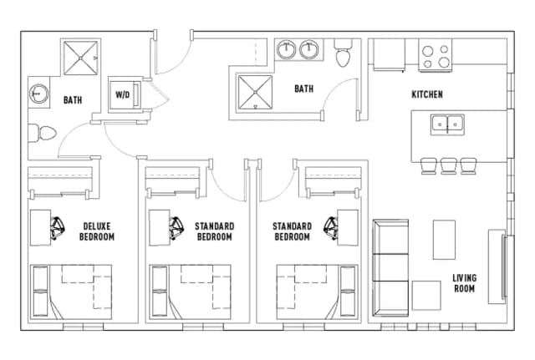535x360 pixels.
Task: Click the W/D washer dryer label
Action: (x=122, y=94)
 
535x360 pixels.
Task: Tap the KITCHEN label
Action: (x=426, y=94)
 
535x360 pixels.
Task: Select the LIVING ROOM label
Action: (x=464, y=283)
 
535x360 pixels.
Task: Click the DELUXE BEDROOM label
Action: (x=97, y=231)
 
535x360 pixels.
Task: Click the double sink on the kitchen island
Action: (x=449, y=124)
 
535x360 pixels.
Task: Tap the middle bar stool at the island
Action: (x=448, y=165)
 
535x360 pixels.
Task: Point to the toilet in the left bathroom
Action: (x=42, y=132)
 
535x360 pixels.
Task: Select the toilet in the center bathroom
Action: (x=342, y=55)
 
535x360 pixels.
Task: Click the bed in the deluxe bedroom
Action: (x=71, y=291)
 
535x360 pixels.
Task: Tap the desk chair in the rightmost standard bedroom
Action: (x=332, y=226)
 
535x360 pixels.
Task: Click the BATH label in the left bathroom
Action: (x=73, y=100)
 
